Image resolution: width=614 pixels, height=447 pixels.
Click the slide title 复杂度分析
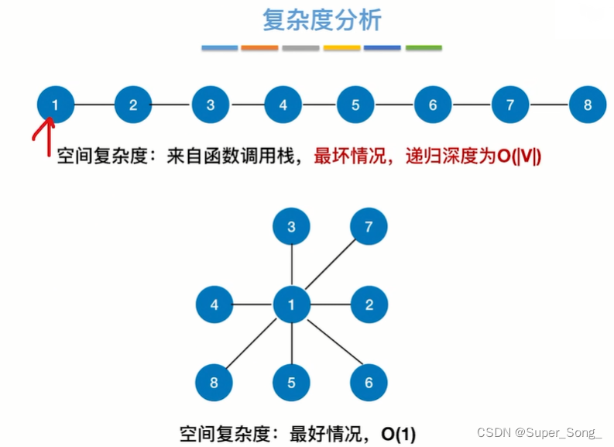322,20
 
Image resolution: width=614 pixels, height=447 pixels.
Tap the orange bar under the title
259,48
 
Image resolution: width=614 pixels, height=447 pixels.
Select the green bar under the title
424,48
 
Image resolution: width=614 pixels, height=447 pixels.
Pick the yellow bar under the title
341,48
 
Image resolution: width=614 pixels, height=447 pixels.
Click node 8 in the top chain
588,105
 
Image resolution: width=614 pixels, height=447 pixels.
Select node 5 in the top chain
355,105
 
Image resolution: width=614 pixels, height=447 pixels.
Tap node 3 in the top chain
210,105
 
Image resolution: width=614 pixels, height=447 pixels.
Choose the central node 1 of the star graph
291,304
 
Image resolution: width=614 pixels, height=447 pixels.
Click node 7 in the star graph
369,227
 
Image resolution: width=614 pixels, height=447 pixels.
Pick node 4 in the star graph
214,304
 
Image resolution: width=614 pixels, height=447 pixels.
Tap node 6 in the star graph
369,382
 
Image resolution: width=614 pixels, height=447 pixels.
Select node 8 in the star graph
214,382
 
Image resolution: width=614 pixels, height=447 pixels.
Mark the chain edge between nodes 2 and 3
171,105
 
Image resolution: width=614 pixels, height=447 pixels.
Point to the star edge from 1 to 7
330,266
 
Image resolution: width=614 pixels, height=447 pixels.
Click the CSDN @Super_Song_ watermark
539,432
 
